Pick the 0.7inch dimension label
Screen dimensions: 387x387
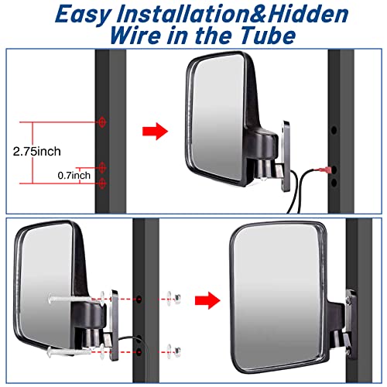point(75,176)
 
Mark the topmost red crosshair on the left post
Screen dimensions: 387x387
point(102,122)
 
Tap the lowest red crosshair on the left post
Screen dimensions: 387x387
point(102,181)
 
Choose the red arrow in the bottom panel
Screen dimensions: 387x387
point(205,298)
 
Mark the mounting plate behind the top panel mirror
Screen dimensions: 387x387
point(286,155)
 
